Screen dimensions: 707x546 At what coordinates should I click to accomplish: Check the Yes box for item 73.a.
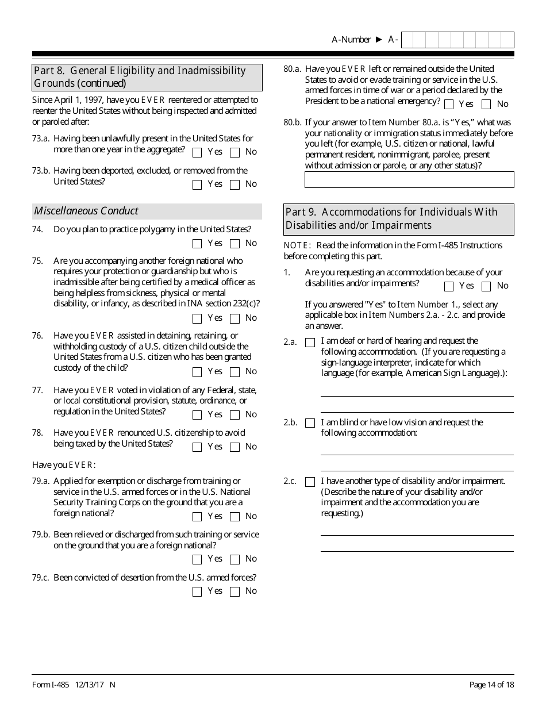coord(197,153)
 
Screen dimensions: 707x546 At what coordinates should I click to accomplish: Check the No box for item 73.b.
coord(234,185)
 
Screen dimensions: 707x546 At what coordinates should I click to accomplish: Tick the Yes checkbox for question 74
coord(197,244)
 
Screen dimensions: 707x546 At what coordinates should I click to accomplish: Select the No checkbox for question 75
coord(234,319)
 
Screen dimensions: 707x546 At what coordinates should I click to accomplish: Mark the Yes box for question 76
coord(197,372)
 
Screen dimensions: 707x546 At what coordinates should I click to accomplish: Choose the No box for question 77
coord(234,416)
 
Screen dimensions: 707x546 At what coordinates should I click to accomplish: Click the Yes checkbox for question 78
coord(197,448)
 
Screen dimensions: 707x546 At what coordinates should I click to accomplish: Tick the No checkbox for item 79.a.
coord(234,517)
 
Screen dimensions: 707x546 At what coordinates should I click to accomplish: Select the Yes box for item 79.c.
coord(197,592)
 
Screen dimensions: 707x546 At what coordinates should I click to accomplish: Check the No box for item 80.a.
coord(486,105)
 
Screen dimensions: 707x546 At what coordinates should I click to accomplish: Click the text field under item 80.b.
coord(409,180)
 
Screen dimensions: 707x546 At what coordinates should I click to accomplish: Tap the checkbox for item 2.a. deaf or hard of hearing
coord(310,343)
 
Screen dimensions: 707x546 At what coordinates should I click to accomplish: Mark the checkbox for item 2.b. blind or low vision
coord(310,424)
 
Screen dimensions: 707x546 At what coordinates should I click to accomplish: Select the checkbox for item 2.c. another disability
coord(310,482)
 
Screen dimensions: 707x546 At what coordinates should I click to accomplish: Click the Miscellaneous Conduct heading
coord(86,211)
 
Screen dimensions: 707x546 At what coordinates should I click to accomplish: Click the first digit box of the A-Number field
coord(407,40)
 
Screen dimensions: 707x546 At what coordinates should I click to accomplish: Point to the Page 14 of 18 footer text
coord(491,685)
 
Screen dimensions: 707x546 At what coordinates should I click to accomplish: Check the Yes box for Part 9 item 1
coord(449,287)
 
